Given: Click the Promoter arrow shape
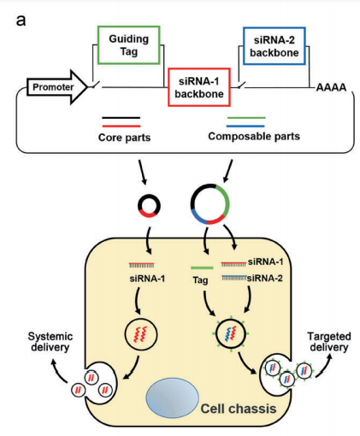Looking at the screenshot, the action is (x=57, y=87).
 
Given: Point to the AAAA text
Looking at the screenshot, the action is (x=331, y=87).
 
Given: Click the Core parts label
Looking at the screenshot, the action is (x=124, y=138).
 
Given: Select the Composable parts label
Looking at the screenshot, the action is (x=254, y=136).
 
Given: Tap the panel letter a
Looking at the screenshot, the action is (x=21, y=21).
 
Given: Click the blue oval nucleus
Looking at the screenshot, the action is (x=172, y=398).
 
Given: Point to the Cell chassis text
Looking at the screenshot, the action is (x=239, y=409).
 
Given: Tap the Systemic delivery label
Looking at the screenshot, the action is (x=50, y=342).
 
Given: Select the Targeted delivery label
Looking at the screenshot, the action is (x=329, y=342).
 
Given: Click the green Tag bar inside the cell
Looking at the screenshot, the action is (x=202, y=268).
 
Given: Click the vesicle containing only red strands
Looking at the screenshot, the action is (x=126, y=334).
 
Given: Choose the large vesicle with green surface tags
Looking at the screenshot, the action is (x=215, y=333).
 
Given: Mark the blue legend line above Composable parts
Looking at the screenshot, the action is (x=245, y=126).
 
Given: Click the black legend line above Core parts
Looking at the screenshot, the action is (x=121, y=117).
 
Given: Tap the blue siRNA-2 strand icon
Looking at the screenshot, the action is (x=234, y=277).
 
